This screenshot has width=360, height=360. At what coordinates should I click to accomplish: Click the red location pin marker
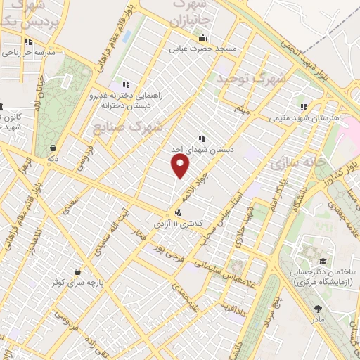pos(181,165)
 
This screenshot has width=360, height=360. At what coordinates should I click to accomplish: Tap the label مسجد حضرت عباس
pos(202,49)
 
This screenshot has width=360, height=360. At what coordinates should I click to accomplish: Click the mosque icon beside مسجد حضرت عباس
pos(202,38)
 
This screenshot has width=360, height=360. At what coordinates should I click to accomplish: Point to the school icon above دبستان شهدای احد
pos(201,139)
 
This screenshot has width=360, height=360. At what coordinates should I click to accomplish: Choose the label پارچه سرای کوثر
pos(76,282)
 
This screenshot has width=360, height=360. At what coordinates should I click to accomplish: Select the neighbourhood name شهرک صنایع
pos(128,127)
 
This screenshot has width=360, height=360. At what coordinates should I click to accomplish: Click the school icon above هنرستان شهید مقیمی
pos(303,107)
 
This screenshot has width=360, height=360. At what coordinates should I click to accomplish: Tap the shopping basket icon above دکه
pos(53,148)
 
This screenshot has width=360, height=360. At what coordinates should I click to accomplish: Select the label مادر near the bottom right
pos(319,319)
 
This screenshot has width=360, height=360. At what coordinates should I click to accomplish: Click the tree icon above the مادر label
pos(319,308)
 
